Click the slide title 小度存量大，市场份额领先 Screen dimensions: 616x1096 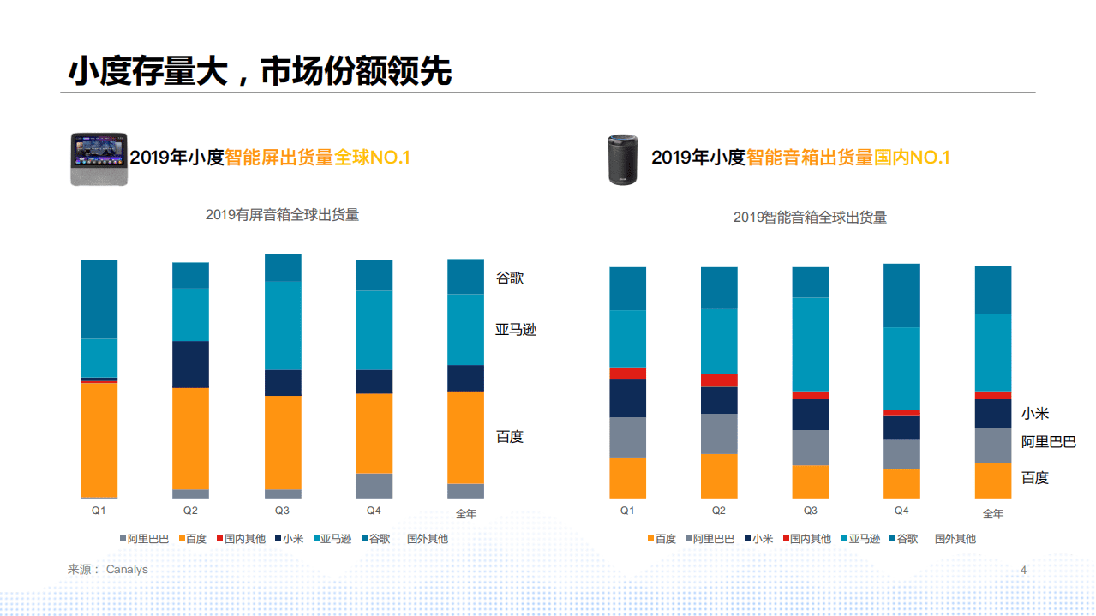pyautogui.click(x=260, y=71)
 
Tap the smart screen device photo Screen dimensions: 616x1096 pyautogui.click(x=99, y=158)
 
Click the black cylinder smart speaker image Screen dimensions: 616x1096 pyautogui.click(x=623, y=159)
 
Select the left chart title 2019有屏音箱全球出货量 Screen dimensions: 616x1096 pyautogui.click(x=282, y=215)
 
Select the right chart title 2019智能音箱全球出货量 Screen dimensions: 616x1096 pyautogui.click(x=810, y=218)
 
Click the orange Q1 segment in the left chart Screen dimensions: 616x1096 pyautogui.click(x=99, y=440)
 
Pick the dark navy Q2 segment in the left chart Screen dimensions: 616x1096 pyautogui.click(x=190, y=364)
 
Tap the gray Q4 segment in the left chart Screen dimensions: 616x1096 pyautogui.click(x=374, y=485)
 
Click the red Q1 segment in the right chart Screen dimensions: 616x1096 pyautogui.click(x=627, y=373)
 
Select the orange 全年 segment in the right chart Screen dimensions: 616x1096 pyautogui.click(x=992, y=481)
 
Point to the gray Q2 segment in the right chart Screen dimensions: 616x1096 pyautogui.click(x=719, y=434)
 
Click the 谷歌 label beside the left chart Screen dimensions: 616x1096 pyautogui.click(x=510, y=278)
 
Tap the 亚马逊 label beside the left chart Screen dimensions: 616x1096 pyautogui.click(x=516, y=330)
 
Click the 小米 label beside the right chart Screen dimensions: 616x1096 pyautogui.click(x=1034, y=414)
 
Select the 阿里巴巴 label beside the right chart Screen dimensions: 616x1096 pyautogui.click(x=1048, y=442)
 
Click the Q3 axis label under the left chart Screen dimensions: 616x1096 pyautogui.click(x=282, y=511)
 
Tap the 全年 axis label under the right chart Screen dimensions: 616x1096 pyautogui.click(x=992, y=514)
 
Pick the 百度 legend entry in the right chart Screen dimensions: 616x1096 pyautogui.click(x=661, y=539)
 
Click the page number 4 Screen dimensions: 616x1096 pyautogui.click(x=1023, y=571)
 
